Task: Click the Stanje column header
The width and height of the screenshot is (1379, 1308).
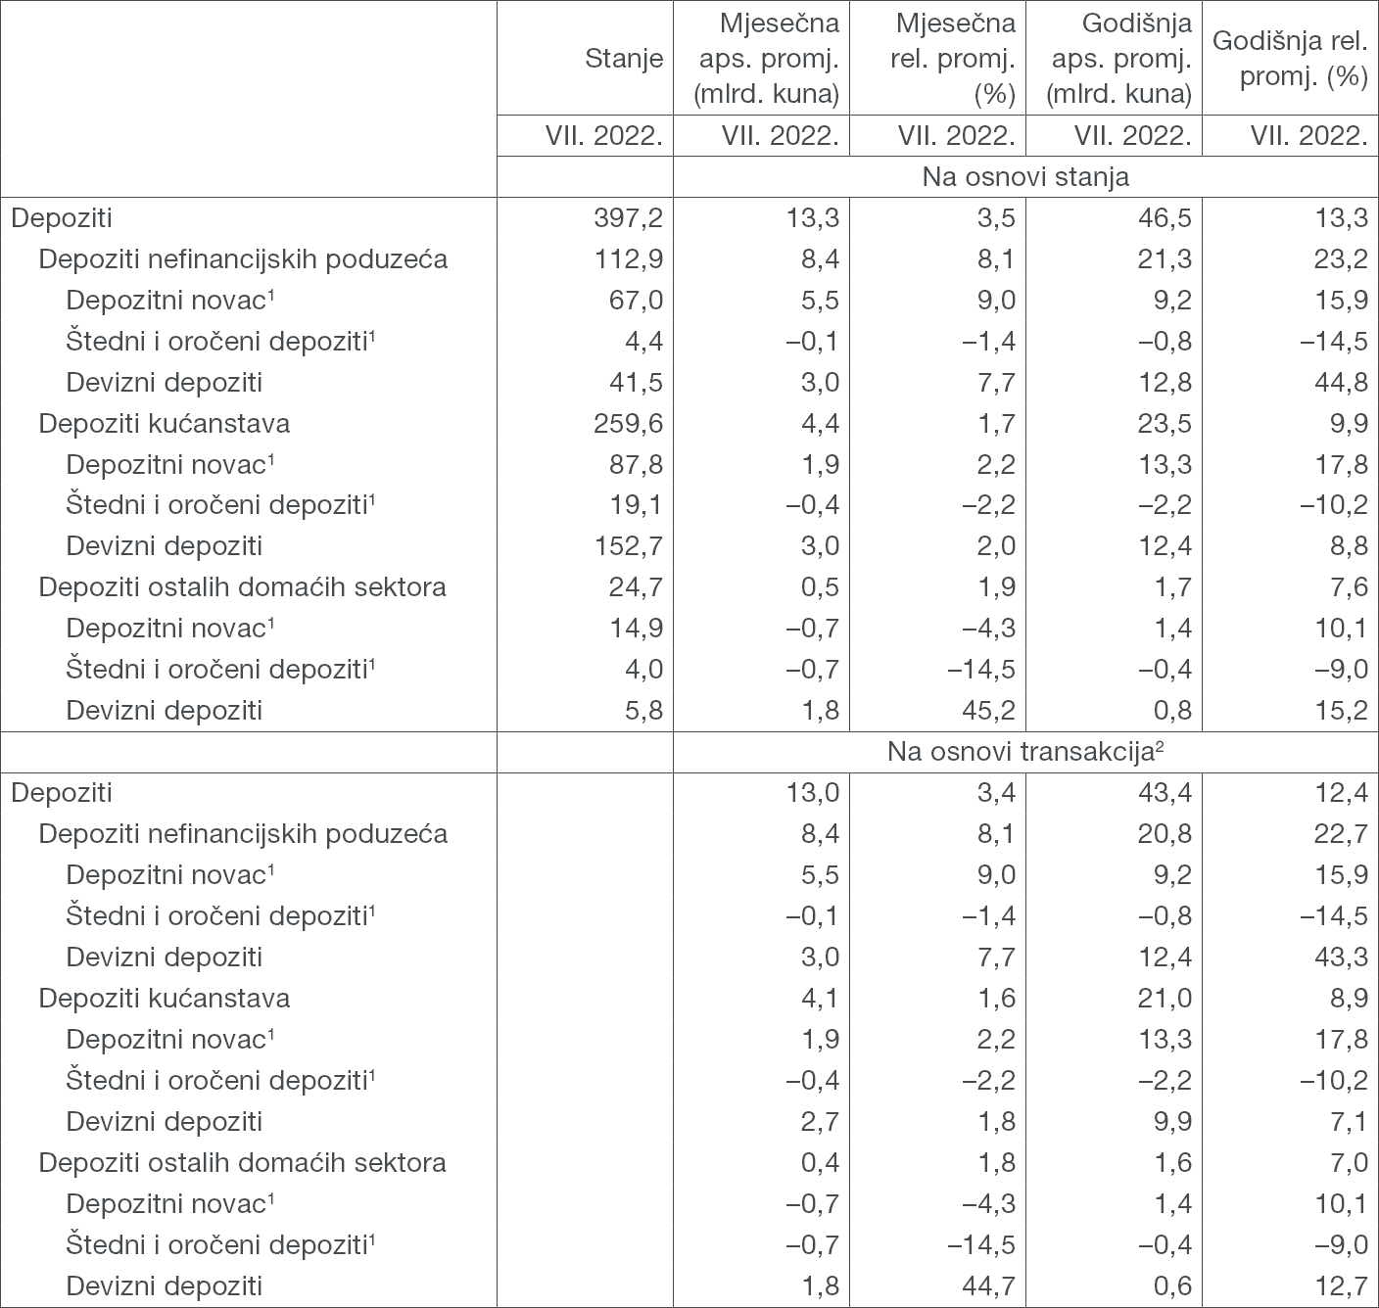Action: tap(624, 59)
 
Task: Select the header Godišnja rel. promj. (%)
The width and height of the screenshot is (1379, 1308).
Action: tap(1290, 59)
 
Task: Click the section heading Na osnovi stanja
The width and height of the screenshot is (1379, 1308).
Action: tap(1024, 177)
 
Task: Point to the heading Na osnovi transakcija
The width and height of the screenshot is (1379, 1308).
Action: tap(1024, 752)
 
